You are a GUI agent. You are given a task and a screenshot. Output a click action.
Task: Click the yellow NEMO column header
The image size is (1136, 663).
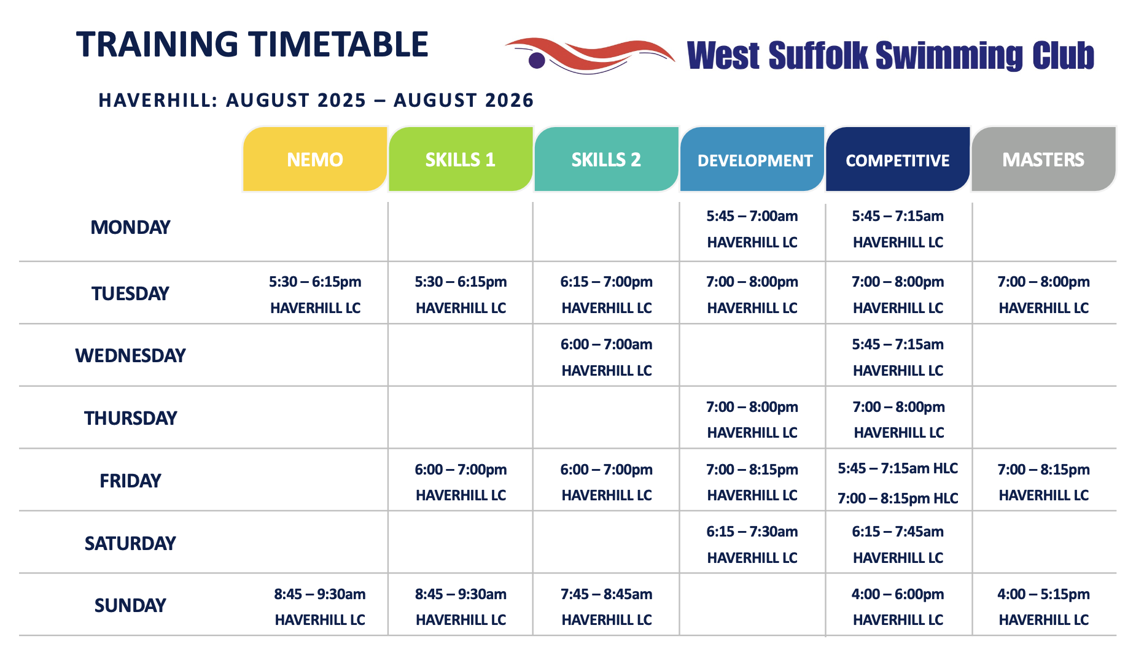click(315, 160)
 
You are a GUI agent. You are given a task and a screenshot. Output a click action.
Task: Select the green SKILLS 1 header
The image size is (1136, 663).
click(461, 160)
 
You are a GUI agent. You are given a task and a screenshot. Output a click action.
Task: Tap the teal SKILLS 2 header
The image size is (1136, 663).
click(606, 160)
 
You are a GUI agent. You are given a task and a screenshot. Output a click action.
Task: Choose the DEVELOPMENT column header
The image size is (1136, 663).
click(752, 160)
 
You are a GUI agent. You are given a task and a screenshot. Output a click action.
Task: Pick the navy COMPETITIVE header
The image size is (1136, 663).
click(898, 160)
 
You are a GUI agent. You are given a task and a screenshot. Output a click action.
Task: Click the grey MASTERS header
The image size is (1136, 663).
click(1043, 160)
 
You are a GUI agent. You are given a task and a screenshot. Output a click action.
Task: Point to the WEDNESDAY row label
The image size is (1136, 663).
click(130, 355)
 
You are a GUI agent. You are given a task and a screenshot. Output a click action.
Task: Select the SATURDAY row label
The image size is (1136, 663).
click(130, 543)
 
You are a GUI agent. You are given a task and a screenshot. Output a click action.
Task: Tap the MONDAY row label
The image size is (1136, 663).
click(130, 227)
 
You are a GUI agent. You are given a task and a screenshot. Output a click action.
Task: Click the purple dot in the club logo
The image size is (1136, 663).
click(537, 60)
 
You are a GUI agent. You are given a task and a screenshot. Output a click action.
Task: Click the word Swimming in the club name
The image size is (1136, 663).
click(949, 55)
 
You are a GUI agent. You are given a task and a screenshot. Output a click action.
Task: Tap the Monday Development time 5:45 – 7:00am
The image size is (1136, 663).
click(752, 216)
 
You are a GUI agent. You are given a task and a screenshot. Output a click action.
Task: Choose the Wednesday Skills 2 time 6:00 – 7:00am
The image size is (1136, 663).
click(606, 344)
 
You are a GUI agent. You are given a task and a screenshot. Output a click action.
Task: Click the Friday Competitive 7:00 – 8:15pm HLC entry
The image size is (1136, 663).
click(898, 498)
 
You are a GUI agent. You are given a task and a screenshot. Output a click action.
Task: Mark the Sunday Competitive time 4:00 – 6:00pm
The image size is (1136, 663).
click(898, 594)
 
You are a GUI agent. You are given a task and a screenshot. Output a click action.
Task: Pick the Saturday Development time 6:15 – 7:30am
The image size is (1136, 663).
click(752, 532)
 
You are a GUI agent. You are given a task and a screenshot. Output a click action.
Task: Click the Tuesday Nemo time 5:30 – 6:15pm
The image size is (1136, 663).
click(315, 282)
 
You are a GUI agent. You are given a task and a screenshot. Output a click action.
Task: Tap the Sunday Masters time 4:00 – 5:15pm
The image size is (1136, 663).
click(1043, 594)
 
